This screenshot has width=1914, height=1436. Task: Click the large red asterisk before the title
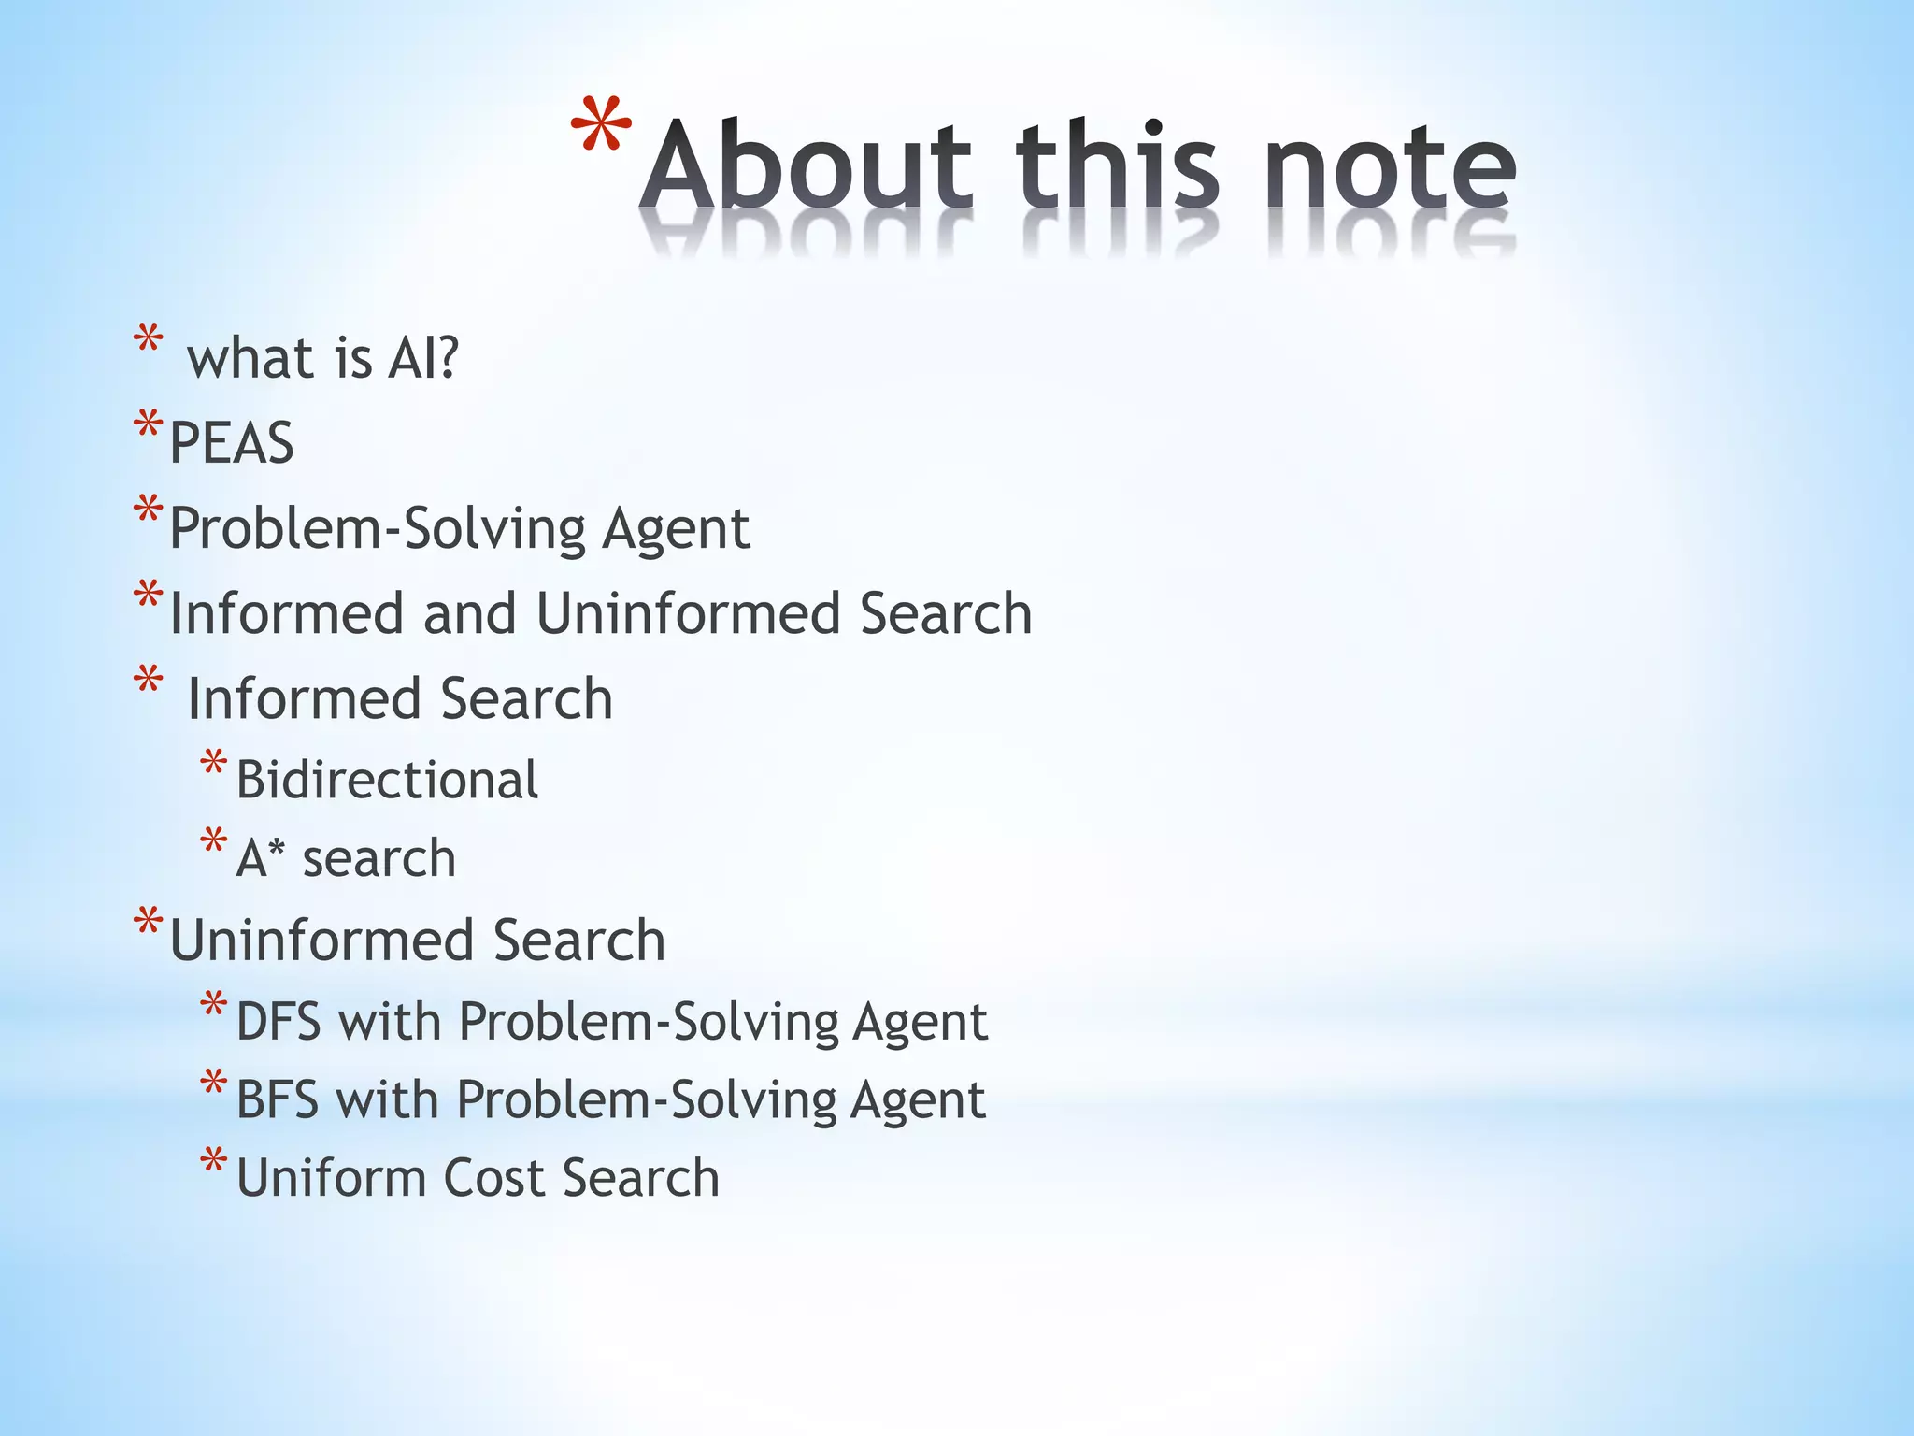601,127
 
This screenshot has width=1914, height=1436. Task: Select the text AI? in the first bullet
423,358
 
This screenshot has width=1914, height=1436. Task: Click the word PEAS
232,442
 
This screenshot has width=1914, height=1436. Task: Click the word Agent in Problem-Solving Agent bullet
675,529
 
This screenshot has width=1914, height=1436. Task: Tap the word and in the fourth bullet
469,613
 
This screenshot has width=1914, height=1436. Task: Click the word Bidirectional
387,780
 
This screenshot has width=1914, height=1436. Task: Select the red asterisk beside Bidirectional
213,763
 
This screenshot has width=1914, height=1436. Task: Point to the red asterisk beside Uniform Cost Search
213,1160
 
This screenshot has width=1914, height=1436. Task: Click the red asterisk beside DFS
213,1005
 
